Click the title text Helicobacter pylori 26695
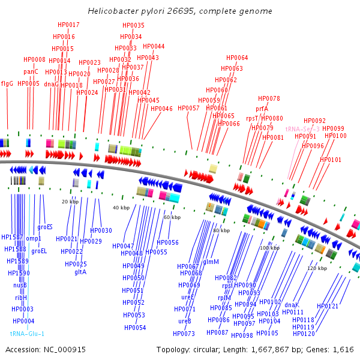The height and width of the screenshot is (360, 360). (179, 11)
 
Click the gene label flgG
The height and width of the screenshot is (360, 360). (7, 83)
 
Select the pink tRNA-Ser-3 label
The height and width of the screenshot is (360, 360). (302, 129)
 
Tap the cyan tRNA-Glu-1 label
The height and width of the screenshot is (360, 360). (27, 334)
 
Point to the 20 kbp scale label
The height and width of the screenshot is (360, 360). (70, 202)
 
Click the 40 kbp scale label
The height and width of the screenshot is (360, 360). (121, 208)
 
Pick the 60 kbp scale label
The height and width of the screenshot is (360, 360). (172, 217)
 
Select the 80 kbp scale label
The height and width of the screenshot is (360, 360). (221, 230)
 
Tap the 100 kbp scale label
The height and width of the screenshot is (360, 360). (269, 248)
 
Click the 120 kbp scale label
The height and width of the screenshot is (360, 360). (316, 268)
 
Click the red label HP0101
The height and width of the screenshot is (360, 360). (331, 160)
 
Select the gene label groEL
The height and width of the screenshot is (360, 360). (39, 251)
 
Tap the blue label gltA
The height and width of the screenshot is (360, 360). (80, 272)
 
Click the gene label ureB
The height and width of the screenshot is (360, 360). (185, 321)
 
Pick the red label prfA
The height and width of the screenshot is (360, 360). (262, 109)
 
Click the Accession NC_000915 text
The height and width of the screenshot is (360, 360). (46, 349)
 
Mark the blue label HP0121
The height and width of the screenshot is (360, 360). (328, 306)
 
